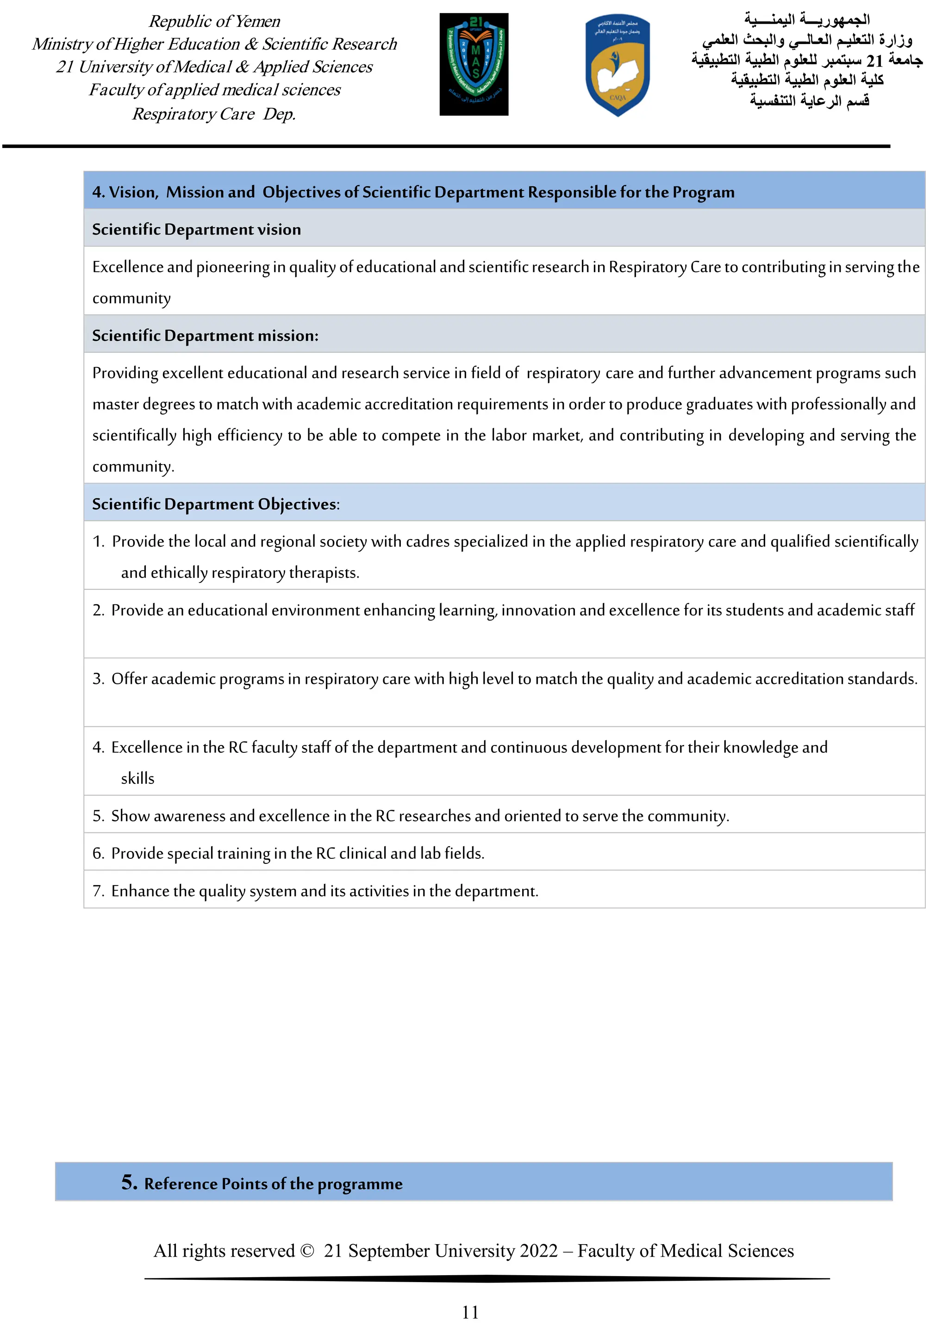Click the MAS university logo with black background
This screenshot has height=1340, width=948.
coord(474,64)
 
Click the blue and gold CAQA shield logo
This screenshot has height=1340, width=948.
coord(617,65)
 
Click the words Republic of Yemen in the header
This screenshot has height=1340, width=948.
coord(214,22)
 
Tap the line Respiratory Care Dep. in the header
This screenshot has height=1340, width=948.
coord(214,114)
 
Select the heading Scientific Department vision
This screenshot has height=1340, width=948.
coord(196,230)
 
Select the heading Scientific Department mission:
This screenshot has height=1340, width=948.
coord(205,335)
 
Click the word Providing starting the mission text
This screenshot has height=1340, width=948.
coord(125,373)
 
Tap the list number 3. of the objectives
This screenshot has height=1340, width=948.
coord(98,679)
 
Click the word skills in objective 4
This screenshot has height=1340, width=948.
coord(138,779)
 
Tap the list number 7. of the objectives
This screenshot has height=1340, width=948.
coord(98,891)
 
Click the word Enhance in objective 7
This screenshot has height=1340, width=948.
coord(140,891)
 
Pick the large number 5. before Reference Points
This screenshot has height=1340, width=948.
coord(129,1182)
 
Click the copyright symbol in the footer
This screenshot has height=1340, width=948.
coord(307,1251)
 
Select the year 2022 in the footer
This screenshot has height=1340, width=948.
coord(538,1251)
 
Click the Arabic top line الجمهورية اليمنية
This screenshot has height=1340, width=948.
coord(806,19)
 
